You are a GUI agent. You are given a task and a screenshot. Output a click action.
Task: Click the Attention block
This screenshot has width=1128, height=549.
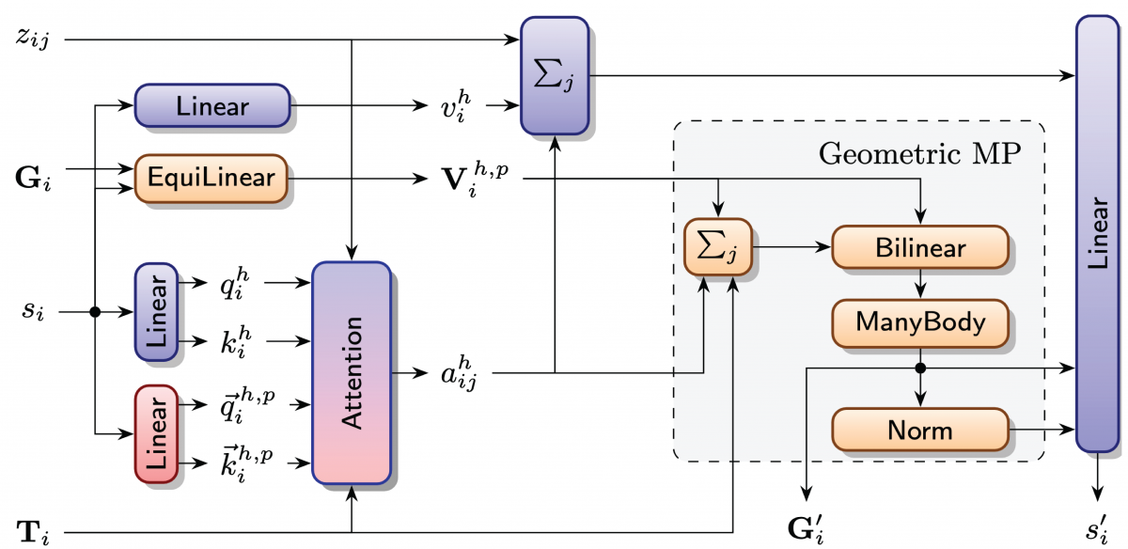tap(351, 372)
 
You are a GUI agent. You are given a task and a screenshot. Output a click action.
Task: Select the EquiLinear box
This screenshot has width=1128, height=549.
tap(211, 177)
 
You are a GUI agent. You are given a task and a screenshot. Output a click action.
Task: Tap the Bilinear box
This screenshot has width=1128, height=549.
tap(920, 248)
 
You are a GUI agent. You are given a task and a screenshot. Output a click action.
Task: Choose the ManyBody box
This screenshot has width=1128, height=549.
tap(920, 322)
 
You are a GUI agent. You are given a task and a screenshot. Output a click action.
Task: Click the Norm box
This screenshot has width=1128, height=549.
tap(920, 431)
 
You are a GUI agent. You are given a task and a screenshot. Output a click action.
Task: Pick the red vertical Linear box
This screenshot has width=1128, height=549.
tap(156, 433)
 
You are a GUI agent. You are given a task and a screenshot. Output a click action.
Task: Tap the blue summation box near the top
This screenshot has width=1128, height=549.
tap(555, 75)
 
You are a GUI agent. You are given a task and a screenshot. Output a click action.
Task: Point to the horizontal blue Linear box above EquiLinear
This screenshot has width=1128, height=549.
tap(211, 105)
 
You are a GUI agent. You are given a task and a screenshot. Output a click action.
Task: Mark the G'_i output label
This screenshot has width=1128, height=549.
tap(807, 525)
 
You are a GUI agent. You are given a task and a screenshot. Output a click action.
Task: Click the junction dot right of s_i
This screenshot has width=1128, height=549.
tap(95, 312)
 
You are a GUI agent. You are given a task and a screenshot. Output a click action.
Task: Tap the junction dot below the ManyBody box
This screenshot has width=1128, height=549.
tap(920, 368)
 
